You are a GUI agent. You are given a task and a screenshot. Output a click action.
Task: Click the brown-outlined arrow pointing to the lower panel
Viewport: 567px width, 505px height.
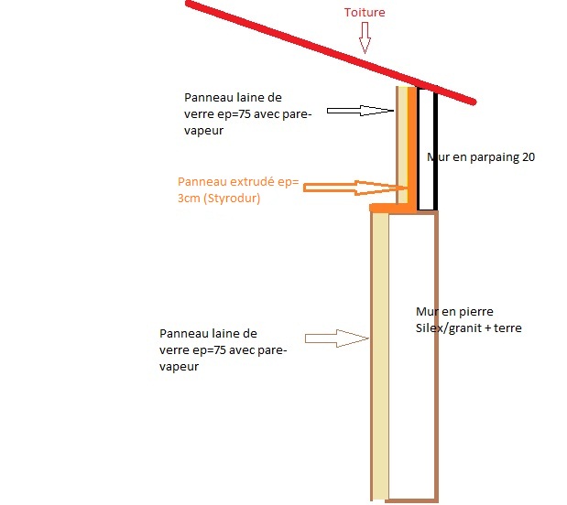337,338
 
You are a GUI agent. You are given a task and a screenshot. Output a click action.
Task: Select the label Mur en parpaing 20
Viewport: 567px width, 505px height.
481,157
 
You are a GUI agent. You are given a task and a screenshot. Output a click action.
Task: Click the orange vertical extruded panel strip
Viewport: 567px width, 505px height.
412,146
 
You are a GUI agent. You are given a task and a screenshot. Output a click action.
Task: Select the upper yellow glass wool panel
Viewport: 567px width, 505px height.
401,137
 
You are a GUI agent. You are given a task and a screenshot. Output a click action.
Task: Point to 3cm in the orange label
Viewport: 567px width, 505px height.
189,198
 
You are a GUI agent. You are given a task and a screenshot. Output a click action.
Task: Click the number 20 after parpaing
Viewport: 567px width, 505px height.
528,157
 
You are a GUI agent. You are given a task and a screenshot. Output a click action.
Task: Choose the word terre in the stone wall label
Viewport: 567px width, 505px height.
507,328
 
